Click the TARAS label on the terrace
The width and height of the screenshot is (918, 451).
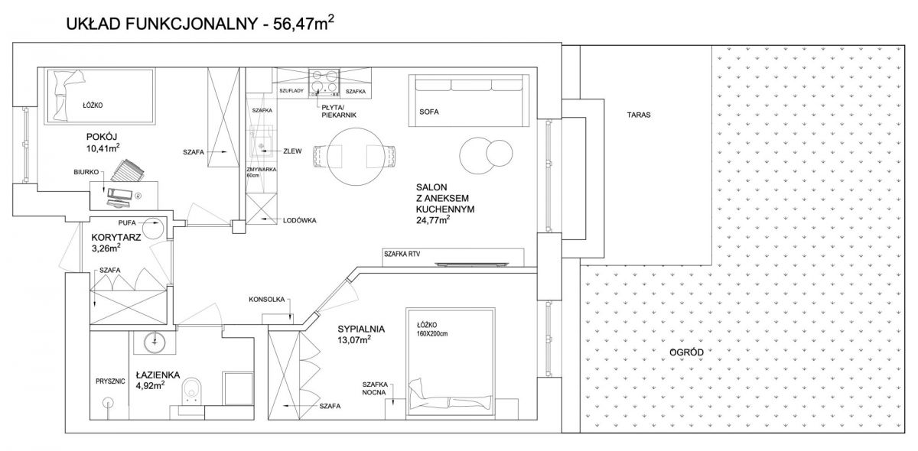click(x=639, y=115)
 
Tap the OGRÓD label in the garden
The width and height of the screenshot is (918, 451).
click(x=686, y=352)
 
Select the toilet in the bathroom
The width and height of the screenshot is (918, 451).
click(x=191, y=390)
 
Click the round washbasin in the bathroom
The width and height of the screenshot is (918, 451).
click(x=155, y=341)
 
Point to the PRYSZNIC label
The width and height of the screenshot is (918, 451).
click(x=110, y=381)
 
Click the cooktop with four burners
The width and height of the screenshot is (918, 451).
click(x=324, y=83)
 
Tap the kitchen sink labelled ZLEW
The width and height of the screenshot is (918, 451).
click(x=262, y=141)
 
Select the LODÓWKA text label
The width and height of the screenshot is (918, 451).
click(x=299, y=220)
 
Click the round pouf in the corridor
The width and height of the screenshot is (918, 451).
click(x=153, y=226)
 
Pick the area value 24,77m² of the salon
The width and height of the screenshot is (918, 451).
click(x=433, y=220)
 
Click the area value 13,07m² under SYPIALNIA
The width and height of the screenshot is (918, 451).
click(x=354, y=339)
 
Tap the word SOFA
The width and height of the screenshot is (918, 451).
click(x=428, y=112)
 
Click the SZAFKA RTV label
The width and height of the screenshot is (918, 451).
click(x=402, y=254)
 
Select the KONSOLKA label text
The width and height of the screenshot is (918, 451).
click(x=266, y=300)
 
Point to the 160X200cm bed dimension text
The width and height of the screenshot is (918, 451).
click(x=432, y=334)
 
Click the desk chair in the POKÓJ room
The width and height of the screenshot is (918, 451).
click(x=128, y=170)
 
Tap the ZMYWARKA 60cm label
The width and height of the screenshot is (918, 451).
click(x=261, y=172)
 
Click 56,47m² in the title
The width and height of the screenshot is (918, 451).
click(x=303, y=24)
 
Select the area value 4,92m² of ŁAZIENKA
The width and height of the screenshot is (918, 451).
click(x=151, y=384)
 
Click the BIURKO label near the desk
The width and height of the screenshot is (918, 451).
click(x=86, y=172)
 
